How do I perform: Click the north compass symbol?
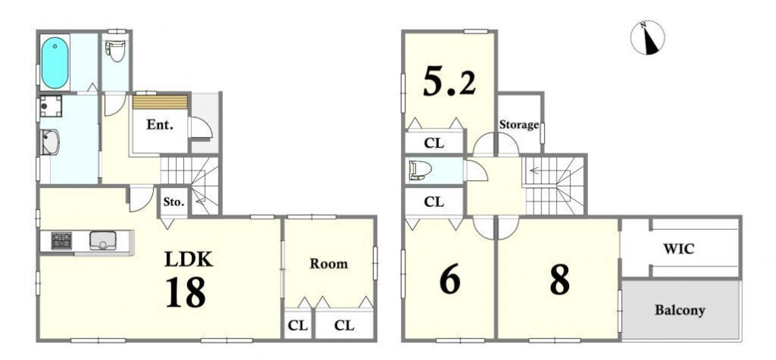(647, 37)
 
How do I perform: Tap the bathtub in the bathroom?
(55, 63)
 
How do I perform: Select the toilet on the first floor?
(116, 50)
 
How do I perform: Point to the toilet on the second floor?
(421, 170)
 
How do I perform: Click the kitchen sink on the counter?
(103, 241)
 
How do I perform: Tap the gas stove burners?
(62, 241)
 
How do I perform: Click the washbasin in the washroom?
(50, 142)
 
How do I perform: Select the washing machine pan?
(51, 107)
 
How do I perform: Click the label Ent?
(160, 125)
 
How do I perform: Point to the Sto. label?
(174, 202)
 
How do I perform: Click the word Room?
(329, 263)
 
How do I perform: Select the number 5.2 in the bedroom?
(450, 81)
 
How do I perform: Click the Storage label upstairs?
(519, 125)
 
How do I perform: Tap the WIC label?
(679, 249)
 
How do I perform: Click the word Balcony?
(680, 311)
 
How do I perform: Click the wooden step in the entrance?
(160, 102)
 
